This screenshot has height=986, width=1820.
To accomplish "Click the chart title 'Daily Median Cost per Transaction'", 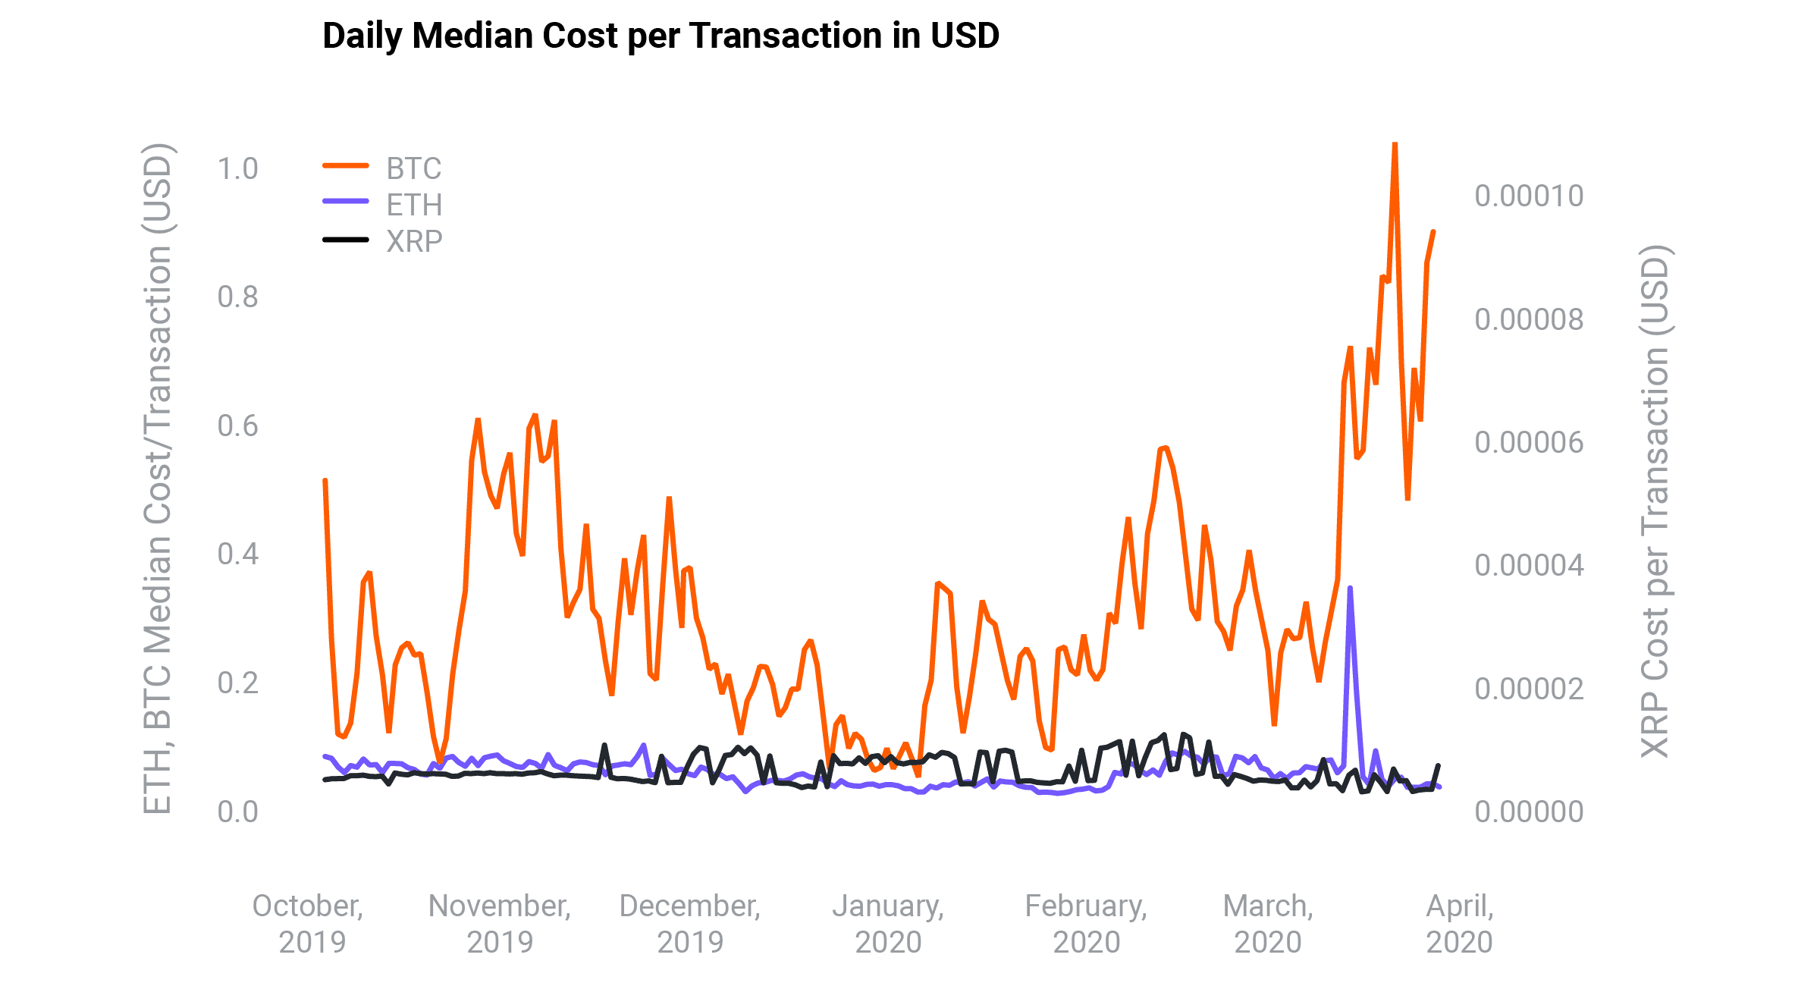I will click(660, 36).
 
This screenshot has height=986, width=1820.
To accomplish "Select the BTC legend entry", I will click(413, 168).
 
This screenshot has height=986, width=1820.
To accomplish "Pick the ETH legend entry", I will click(413, 205).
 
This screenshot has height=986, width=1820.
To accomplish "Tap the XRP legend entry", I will click(413, 241).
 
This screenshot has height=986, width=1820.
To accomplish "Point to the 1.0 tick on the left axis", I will click(237, 168).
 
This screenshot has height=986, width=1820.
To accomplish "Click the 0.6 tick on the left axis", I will click(237, 425).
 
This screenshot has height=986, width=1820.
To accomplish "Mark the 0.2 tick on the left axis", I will click(237, 683).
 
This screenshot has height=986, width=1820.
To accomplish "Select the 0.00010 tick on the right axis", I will click(1528, 196).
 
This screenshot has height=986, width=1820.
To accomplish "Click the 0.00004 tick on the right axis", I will click(1528, 565).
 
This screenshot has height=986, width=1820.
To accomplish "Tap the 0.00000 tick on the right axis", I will click(1528, 812).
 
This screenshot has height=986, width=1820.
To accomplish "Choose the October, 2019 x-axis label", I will click(309, 924).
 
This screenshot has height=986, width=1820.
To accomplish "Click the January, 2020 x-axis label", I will click(888, 924).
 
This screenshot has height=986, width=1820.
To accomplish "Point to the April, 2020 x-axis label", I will click(1459, 924).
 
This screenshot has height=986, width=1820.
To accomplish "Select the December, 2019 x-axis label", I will click(689, 924).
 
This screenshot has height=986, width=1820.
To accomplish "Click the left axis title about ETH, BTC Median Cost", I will click(157, 478).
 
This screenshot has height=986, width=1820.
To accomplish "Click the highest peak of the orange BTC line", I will click(1395, 144).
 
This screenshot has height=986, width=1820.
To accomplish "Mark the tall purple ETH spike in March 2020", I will click(1350, 588).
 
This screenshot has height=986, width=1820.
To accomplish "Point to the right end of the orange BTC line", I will click(1433, 231).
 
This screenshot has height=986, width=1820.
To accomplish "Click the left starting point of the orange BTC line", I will click(325, 480).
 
